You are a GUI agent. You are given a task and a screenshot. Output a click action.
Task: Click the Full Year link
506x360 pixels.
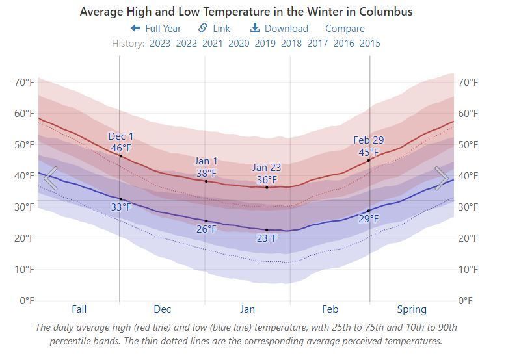[156, 29]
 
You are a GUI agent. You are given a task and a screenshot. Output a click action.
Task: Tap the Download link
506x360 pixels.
[279, 29]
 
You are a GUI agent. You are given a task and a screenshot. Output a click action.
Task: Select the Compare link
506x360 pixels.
[345, 29]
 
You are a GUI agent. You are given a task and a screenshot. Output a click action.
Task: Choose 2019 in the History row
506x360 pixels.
[265, 43]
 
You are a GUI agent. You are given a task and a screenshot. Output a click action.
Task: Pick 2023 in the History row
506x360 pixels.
[160, 43]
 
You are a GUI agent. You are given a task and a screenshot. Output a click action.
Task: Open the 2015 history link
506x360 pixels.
[370, 43]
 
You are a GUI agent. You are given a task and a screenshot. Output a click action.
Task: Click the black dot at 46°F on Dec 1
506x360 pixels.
[121, 156]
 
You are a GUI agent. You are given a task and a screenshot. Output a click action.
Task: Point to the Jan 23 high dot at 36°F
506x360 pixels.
[267, 188]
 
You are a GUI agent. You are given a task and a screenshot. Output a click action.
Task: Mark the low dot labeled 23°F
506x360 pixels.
[267, 230]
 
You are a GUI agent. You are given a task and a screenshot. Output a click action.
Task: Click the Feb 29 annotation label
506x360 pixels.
[369, 140]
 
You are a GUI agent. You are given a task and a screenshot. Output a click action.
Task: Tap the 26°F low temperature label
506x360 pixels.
[207, 229]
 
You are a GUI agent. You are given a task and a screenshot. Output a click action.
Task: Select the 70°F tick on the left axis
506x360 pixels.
[24, 83]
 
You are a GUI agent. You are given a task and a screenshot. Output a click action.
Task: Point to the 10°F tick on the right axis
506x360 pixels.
[468, 269]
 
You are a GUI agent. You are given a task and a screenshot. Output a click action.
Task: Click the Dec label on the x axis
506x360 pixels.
[163, 309]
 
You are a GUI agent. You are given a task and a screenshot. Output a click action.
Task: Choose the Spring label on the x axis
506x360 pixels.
[412, 309]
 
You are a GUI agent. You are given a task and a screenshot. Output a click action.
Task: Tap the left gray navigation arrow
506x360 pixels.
[50, 178]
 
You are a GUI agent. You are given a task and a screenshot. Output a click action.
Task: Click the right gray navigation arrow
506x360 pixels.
[442, 178]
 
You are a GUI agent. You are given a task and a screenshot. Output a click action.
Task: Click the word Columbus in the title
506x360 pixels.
[386, 12]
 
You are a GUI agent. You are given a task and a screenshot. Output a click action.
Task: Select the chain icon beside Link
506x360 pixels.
[203, 28]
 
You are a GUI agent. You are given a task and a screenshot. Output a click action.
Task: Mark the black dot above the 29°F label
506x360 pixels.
[369, 211]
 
